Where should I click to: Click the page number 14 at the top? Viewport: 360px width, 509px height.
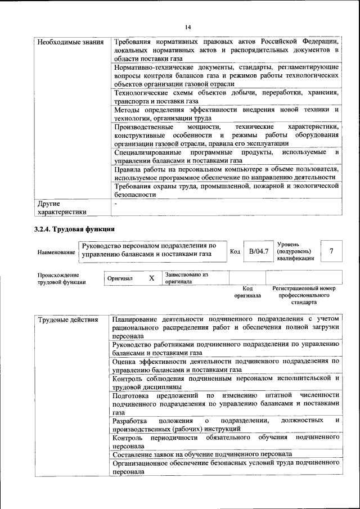(188, 27)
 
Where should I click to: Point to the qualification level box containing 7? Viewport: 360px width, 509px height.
(331, 251)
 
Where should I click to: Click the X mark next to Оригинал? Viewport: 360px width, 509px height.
(151, 278)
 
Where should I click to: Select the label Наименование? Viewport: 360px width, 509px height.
(56, 253)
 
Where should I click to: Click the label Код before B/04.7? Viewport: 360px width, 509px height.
(235, 251)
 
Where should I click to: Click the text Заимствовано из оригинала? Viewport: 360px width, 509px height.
(187, 278)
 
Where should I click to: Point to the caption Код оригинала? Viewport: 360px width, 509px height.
(247, 291)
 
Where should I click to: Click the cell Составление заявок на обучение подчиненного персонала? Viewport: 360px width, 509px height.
(202, 453)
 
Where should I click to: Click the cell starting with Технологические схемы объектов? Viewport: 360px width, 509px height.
(225, 97)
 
